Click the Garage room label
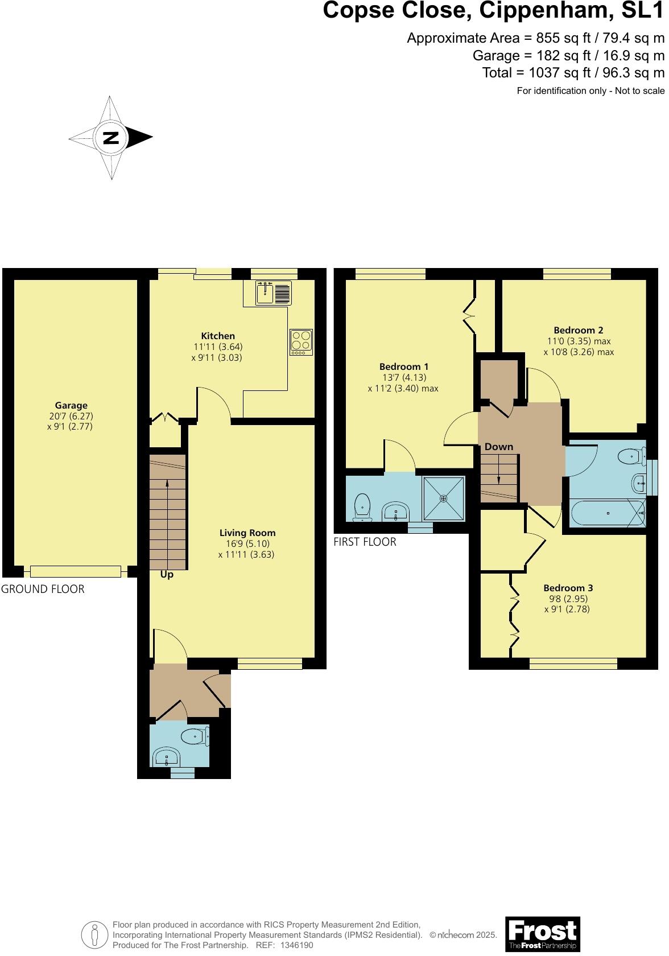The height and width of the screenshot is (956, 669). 71,406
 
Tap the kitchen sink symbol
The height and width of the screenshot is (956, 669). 273,293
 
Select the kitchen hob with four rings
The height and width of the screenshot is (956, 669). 301,342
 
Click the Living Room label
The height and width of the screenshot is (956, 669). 247,533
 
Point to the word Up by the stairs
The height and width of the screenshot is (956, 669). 167,575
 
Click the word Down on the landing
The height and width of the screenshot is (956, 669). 499,447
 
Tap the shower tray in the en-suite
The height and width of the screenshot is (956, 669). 444,498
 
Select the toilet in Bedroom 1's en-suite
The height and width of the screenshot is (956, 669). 362,508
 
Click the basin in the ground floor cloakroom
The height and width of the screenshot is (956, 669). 167,757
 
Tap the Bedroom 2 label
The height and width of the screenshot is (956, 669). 579,330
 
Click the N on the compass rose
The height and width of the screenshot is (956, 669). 111,137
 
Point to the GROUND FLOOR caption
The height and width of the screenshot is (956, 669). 43,590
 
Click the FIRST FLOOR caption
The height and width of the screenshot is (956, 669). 365,542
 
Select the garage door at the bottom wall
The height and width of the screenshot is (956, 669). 76,571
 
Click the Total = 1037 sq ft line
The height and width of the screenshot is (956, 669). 573,73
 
